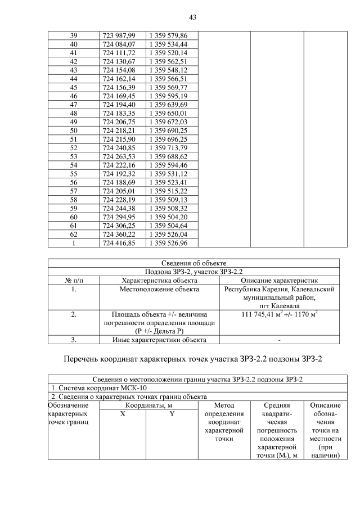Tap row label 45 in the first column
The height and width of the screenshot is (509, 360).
[x=73, y=88]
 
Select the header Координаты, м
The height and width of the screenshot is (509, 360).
[x=148, y=405]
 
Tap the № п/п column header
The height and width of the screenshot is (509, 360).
[x=73, y=280]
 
